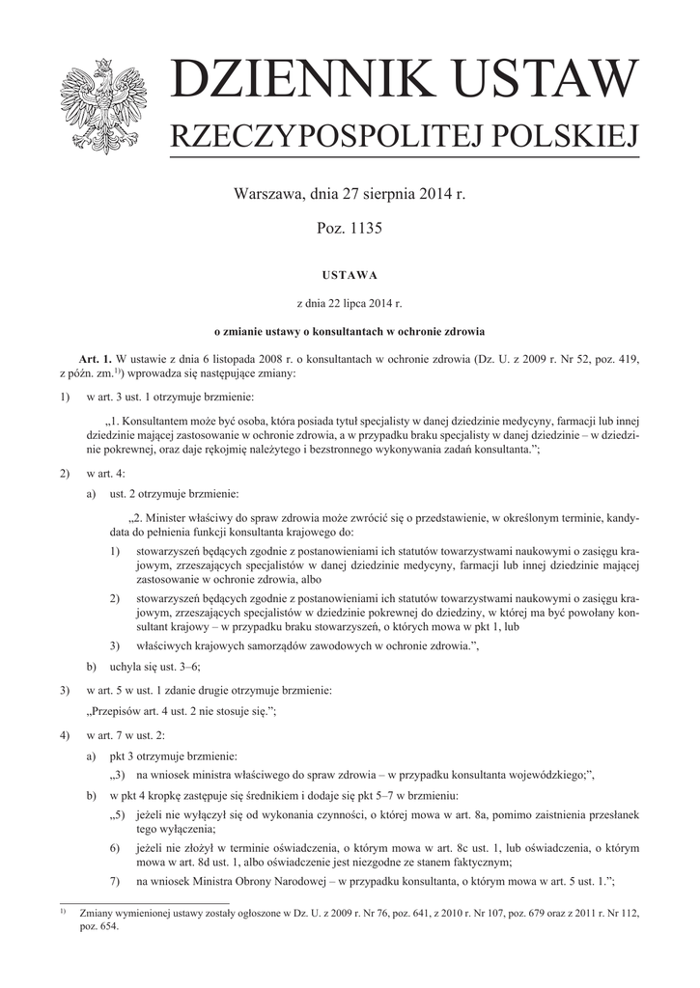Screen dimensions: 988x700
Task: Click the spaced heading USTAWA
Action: (x=350, y=273)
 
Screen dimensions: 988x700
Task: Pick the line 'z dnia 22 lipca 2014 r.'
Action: (x=350, y=302)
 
